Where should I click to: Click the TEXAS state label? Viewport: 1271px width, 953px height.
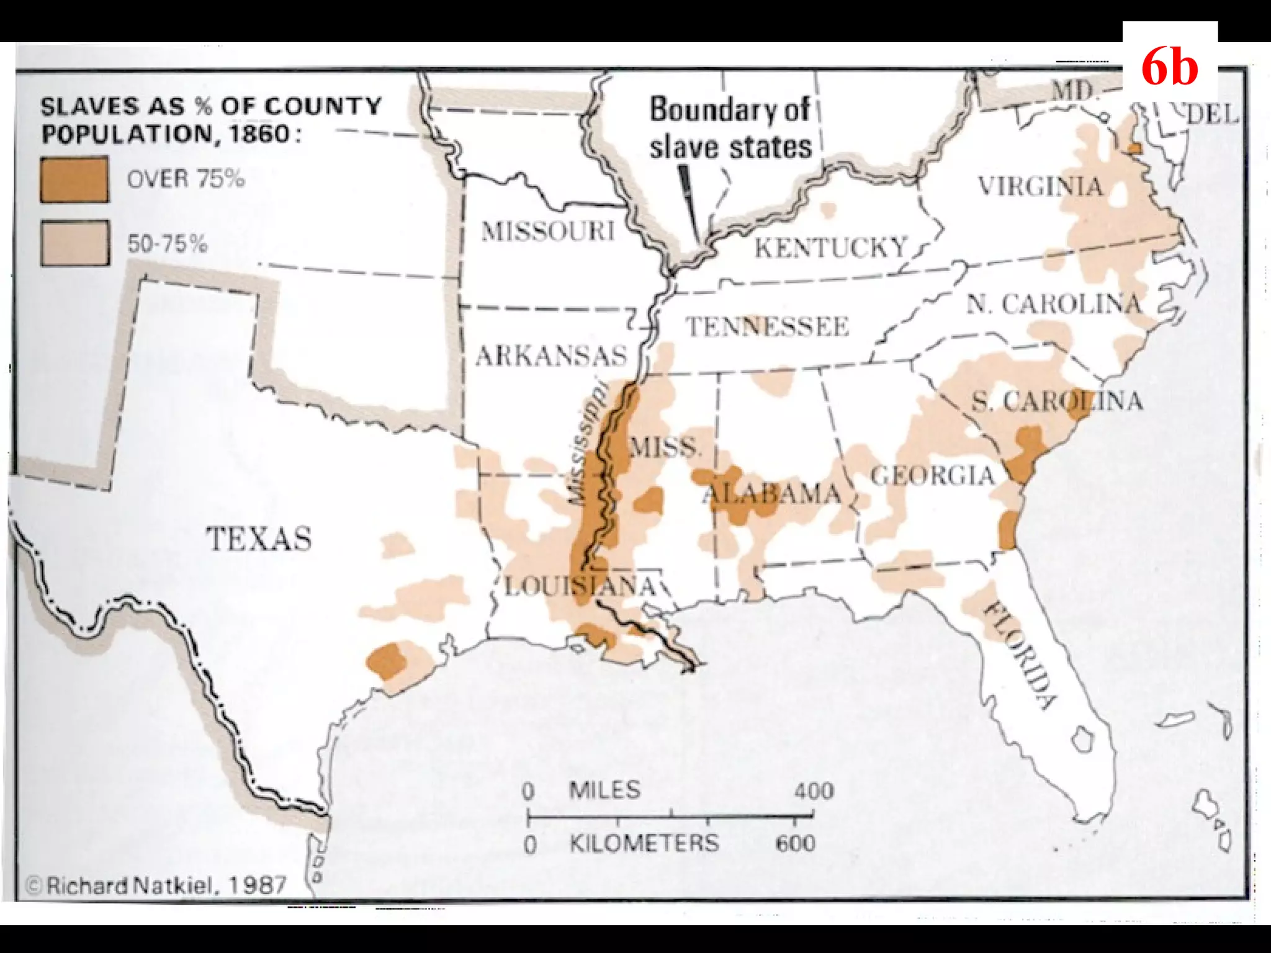(x=258, y=539)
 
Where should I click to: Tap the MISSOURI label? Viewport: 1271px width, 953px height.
(x=547, y=231)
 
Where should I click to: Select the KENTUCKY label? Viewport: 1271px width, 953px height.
(x=831, y=248)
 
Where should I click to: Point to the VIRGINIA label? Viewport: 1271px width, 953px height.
(x=1040, y=186)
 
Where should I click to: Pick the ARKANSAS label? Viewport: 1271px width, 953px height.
(x=551, y=356)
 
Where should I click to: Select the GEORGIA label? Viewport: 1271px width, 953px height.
(x=932, y=476)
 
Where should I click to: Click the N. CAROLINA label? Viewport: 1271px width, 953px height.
(x=1054, y=304)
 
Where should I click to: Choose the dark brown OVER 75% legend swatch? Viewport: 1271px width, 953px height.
(x=74, y=180)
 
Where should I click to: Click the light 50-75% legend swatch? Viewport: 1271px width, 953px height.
(x=74, y=243)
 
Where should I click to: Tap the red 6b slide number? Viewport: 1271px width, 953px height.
(x=1169, y=67)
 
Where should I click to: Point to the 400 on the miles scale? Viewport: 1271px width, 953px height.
(x=814, y=791)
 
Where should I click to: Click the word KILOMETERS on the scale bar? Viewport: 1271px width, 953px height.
(x=644, y=843)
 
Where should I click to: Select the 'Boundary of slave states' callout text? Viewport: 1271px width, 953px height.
(x=730, y=128)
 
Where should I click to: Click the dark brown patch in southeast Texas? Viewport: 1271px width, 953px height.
(x=386, y=660)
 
